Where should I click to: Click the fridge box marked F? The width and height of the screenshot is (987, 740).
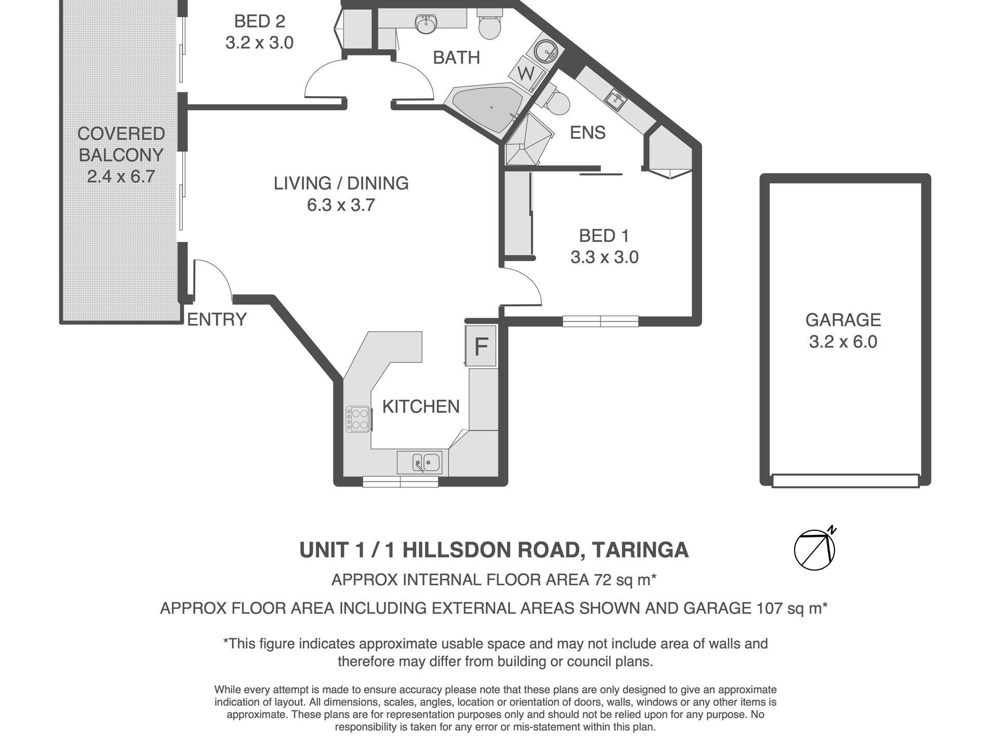tap(481, 346)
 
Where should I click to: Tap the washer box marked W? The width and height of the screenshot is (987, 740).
tap(526, 74)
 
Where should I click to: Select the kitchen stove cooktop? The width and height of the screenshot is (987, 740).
tap(358, 420)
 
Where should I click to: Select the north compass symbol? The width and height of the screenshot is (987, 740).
tap(815, 549)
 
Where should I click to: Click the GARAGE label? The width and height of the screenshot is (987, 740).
tap(843, 319)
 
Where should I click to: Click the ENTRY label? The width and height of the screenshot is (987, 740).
tap(217, 319)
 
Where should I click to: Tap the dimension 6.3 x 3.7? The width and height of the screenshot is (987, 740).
tap(341, 205)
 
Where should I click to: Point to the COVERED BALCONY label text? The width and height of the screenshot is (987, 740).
tap(121, 144)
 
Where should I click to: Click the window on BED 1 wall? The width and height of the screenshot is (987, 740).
tap(600, 321)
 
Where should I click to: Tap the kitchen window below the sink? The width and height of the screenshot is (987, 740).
tap(400, 481)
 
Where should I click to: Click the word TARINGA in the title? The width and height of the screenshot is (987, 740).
tap(640, 549)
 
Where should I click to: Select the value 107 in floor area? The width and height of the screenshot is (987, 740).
tap(767, 608)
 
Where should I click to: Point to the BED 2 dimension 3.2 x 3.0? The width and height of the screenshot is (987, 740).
tap(259, 43)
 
